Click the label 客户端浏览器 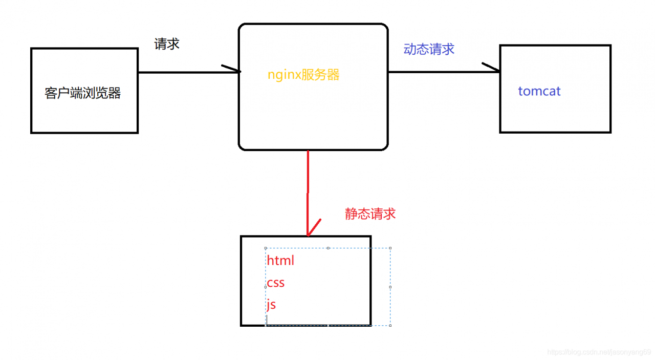82,93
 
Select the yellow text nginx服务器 303,75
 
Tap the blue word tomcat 539,91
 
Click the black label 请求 167,44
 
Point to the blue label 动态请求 429,49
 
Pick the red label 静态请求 370,214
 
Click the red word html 280,260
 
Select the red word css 276,283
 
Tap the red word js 271,305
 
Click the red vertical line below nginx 308,189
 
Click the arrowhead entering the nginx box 233,69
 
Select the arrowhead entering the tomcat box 492,68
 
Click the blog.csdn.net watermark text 599,352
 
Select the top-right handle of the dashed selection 390,248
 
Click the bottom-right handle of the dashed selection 390,325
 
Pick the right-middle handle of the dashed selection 390,287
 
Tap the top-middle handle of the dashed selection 328,248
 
